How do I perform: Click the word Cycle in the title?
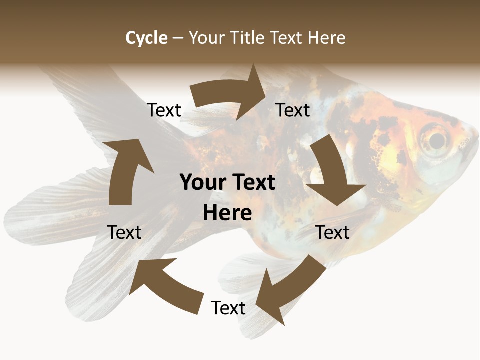tap(146, 38)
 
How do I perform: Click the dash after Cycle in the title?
tap(177, 38)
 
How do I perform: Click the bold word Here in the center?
tap(227, 213)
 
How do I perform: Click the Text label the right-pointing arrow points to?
tap(293, 110)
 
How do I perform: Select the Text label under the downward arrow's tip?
tap(332, 232)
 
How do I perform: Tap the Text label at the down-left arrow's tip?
tap(228, 308)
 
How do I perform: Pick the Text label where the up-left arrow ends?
tap(124, 232)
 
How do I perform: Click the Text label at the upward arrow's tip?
tap(164, 110)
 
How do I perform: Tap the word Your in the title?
tap(206, 38)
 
